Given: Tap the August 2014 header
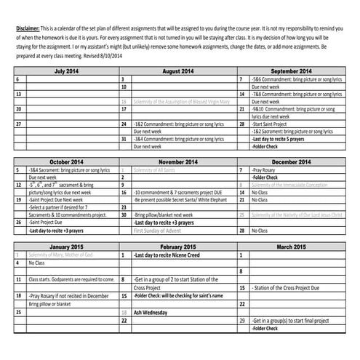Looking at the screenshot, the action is tap(177, 71).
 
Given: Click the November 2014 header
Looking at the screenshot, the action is tap(177, 161).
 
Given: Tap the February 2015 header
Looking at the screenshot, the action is tap(177, 247).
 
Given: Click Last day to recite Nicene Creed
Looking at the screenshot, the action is tap(164, 255).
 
